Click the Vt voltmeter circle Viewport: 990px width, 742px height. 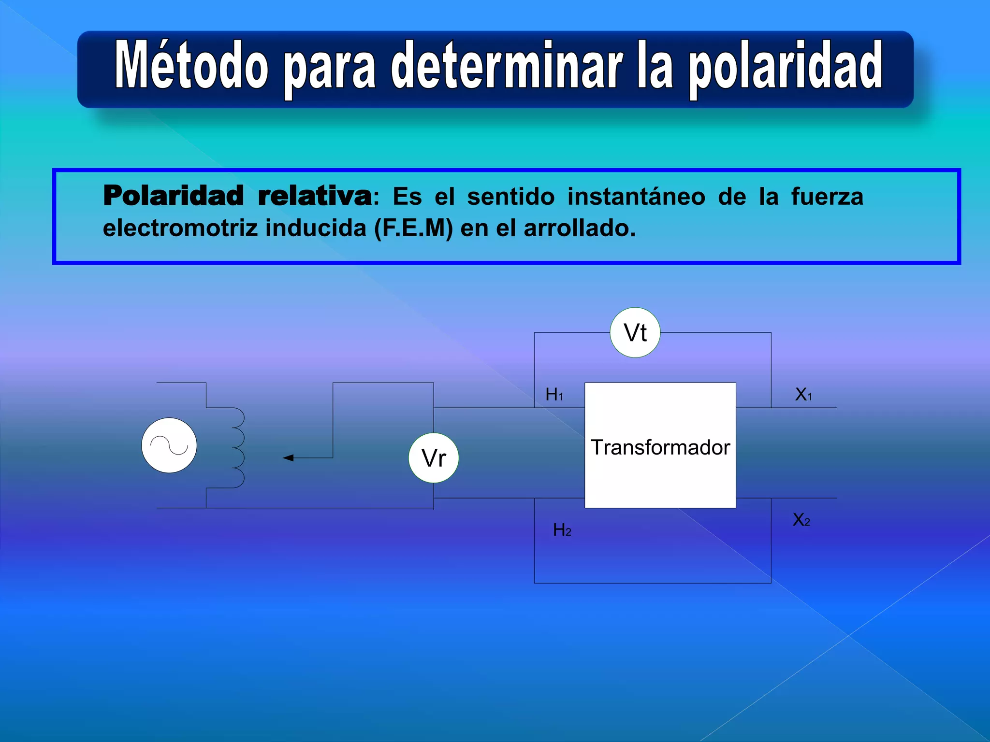click(x=635, y=332)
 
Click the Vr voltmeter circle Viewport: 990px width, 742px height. click(x=434, y=457)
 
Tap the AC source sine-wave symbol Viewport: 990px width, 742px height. click(x=169, y=445)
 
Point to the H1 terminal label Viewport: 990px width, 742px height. click(x=554, y=395)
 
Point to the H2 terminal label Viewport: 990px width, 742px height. click(x=562, y=530)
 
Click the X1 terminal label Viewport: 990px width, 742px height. click(x=803, y=395)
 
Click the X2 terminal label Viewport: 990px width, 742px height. click(x=801, y=520)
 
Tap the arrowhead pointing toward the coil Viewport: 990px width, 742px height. click(x=289, y=457)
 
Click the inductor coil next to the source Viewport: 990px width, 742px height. click(x=237, y=447)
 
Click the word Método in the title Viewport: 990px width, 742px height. click(x=191, y=65)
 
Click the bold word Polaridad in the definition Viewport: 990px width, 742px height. click(x=173, y=196)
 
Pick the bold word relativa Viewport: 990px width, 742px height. click(x=315, y=196)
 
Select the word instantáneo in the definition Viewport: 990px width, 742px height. click(x=636, y=197)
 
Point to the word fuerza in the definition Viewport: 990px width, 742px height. click(x=827, y=197)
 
